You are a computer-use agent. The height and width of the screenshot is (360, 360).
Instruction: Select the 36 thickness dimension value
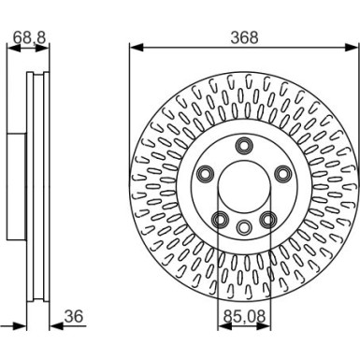(75, 317)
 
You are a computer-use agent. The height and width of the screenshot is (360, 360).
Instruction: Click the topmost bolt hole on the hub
(244, 145)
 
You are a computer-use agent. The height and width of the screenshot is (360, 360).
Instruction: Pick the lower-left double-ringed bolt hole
(221, 219)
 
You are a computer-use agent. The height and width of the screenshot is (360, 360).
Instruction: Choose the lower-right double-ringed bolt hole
(268, 219)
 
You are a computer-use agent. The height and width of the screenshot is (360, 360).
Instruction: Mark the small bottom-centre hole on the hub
(244, 227)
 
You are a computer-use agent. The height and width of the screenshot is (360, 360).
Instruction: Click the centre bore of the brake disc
(244, 187)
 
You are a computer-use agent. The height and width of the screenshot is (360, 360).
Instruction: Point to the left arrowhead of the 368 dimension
(134, 46)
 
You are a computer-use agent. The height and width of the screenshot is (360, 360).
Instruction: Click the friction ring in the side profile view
(37, 187)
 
